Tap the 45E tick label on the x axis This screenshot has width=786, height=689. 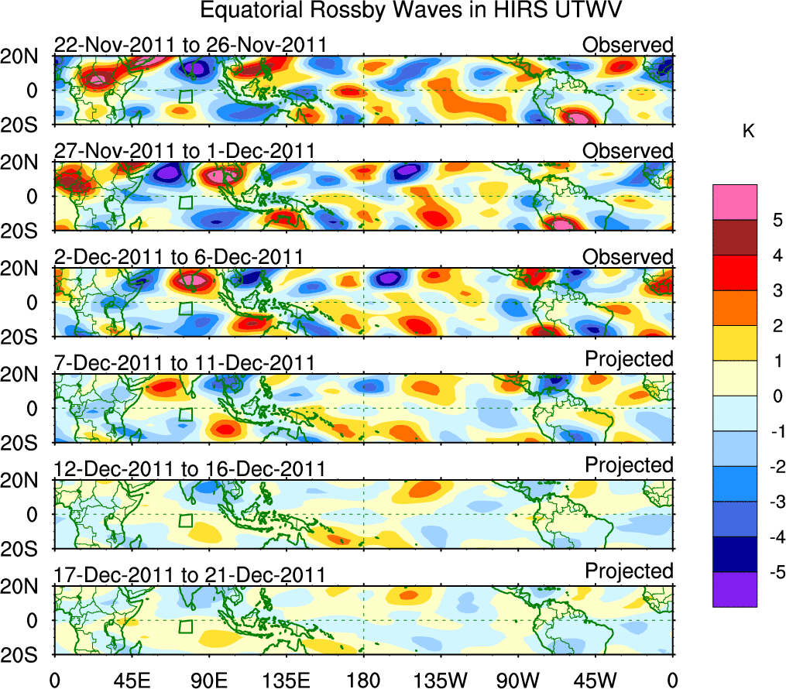131,679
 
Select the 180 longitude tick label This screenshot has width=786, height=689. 363,679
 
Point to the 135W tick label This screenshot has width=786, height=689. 441,679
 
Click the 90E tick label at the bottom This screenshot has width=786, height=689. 208,679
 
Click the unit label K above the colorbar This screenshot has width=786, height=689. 749,132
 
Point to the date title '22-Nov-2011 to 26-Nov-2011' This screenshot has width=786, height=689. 190,45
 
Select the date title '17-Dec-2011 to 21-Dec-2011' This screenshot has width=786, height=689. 190,574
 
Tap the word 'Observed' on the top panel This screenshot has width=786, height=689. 628,45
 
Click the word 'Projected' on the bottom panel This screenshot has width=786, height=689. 629,571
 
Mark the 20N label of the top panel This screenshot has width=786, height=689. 26,57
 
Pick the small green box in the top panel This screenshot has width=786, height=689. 185,97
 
